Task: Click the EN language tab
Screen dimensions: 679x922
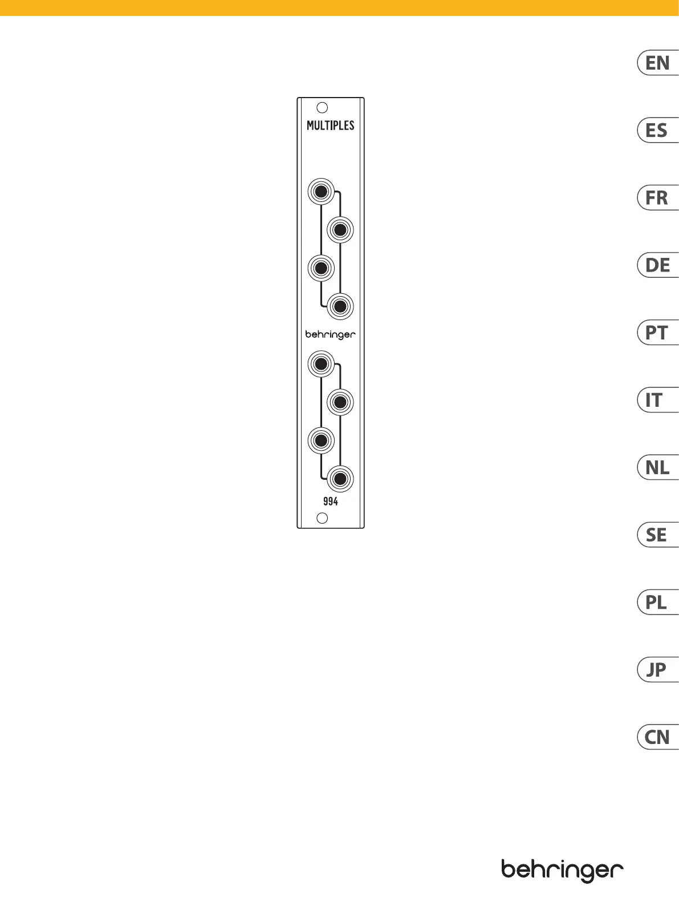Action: click(x=658, y=63)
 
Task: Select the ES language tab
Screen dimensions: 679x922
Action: click(x=658, y=131)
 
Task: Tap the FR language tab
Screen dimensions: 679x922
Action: click(x=658, y=198)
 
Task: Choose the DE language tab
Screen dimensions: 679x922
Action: click(x=658, y=265)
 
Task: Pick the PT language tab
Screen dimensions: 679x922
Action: click(x=658, y=333)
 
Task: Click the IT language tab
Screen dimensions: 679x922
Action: click(x=658, y=400)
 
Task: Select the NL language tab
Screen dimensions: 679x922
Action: click(x=658, y=468)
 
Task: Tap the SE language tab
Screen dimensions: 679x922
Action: click(x=658, y=535)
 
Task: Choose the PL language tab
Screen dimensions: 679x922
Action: click(x=658, y=602)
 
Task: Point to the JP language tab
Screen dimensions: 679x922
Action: click(x=658, y=670)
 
